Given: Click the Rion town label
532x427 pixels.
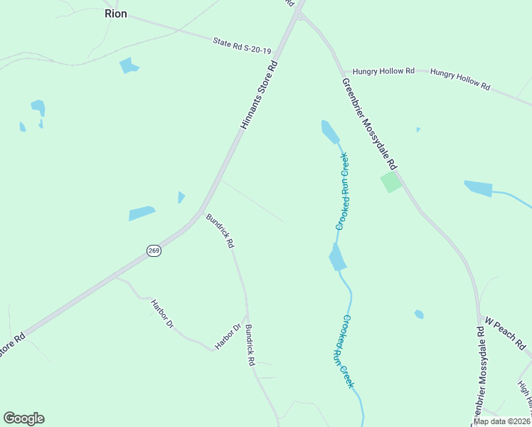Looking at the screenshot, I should pos(115,14).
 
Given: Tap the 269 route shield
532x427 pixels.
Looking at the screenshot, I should pos(154,250).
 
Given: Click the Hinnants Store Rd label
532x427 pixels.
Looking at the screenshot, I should pos(257,95).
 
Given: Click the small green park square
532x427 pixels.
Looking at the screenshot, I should pos(390,181).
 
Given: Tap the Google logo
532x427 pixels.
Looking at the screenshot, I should pos(24,418).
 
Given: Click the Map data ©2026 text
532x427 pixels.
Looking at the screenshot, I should pos(501,421).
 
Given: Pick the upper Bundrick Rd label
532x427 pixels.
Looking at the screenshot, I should pos(220,231).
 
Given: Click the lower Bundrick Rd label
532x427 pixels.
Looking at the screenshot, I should pos(250,345).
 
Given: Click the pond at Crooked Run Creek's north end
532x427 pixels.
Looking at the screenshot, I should pos(329,131).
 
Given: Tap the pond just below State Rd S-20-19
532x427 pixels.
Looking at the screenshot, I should pos(129,65).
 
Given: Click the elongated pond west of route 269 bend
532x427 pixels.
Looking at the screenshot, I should pos(142,213).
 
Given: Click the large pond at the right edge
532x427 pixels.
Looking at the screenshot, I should pos(479,189).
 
